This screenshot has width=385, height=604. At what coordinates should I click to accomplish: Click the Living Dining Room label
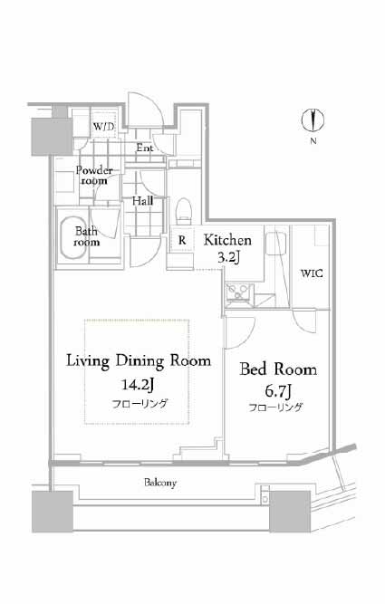point(139,361)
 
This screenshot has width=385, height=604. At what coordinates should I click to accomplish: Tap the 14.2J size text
point(138,385)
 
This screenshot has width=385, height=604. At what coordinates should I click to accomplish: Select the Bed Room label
point(278,369)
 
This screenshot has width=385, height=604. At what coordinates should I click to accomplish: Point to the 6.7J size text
point(277,392)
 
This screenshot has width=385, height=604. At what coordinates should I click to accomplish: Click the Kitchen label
point(227,240)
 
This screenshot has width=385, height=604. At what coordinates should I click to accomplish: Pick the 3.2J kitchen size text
point(228,257)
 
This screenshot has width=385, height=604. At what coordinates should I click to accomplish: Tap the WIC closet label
point(312,273)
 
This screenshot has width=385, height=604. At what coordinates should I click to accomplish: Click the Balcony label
point(160,483)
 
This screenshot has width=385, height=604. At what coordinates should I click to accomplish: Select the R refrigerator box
point(182,240)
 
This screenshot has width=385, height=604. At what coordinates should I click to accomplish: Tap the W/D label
point(103,127)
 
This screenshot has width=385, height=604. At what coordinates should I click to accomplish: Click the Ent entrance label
point(145,148)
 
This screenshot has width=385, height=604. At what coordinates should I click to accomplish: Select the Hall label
point(142,201)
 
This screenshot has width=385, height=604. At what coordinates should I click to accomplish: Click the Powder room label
point(94,176)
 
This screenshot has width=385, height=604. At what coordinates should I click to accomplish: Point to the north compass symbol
point(313,120)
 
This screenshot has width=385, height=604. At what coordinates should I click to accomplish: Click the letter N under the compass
point(313,141)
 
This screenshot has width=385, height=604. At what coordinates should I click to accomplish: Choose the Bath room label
point(86,236)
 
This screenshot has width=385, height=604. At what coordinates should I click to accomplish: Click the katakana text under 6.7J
point(275,407)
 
